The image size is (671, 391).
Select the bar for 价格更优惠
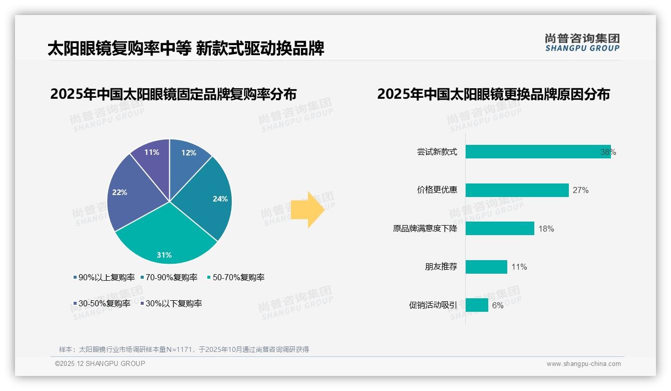(517, 190)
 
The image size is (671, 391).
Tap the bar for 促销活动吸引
(477, 305)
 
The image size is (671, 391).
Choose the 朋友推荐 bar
(486, 267)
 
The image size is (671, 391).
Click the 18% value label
(546, 229)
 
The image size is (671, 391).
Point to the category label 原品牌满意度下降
(425, 229)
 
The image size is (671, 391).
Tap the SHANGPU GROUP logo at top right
(582, 43)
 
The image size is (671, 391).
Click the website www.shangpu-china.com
(583, 364)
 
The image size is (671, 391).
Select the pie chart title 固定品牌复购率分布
(173, 94)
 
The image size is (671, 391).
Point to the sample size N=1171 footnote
(184, 349)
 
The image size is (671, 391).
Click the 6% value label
(498, 305)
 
